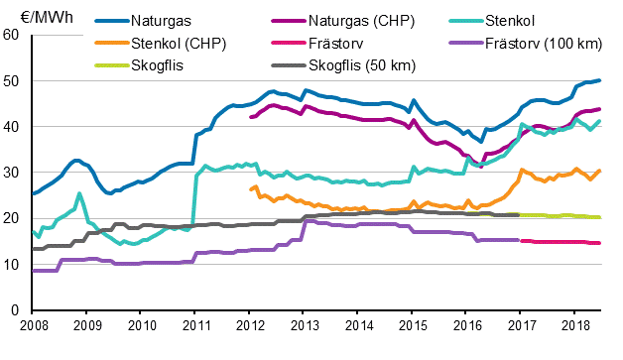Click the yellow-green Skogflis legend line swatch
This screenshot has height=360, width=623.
[109, 65]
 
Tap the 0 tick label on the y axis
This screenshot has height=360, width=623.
[16, 310]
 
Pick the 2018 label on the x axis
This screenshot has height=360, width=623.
[574, 325]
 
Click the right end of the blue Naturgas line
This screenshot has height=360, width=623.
[601, 80]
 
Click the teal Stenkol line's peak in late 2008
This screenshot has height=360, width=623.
[78, 194]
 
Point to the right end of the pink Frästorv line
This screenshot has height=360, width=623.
[600, 243]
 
